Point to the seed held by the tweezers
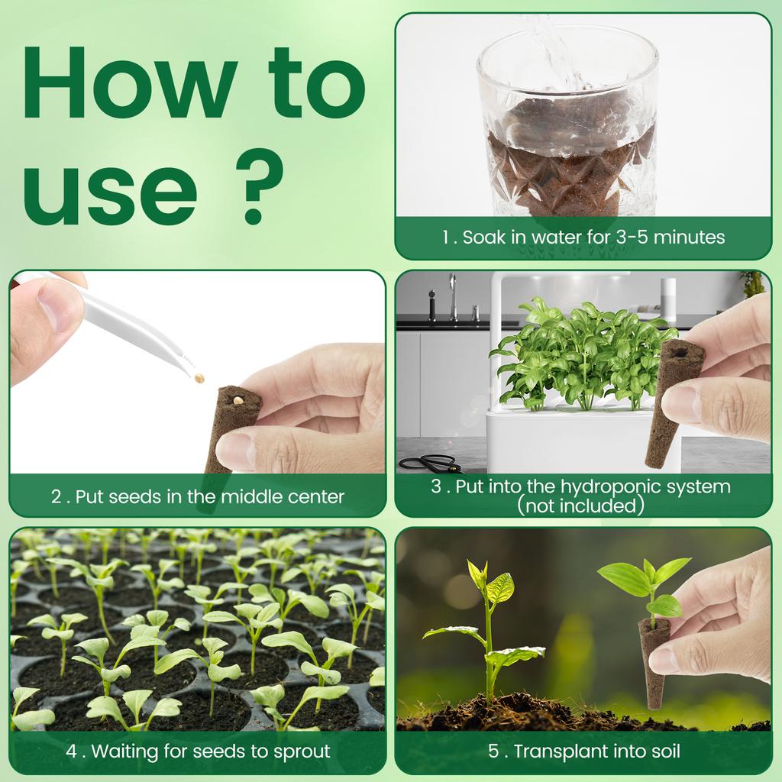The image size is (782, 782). (200, 377)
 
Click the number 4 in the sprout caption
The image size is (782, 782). (72, 751)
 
